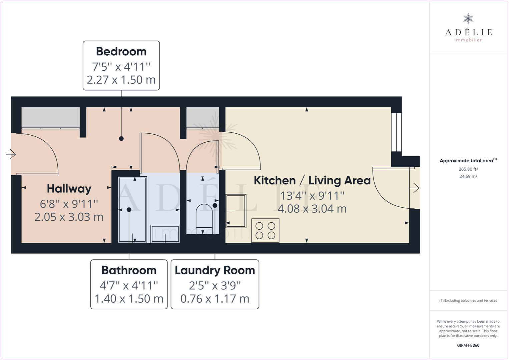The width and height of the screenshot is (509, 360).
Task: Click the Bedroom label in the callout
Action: [x=121, y=51]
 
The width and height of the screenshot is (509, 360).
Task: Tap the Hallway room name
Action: [x=69, y=189]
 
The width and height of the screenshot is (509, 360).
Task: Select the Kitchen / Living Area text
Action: [x=312, y=181]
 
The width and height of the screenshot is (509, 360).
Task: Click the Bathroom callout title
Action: [x=129, y=270]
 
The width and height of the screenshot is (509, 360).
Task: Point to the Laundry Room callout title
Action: [x=215, y=271]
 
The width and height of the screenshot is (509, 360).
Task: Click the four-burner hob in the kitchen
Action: [x=265, y=231]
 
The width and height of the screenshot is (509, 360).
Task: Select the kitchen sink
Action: [x=236, y=211]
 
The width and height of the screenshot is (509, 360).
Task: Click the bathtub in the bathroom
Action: [x=132, y=210]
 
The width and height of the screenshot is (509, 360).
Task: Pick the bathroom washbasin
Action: [x=165, y=234]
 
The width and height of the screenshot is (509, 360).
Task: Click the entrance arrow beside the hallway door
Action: [x=11, y=154]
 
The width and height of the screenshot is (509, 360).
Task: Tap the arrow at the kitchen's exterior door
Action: [x=415, y=188]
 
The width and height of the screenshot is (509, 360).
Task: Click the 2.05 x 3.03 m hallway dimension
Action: [x=69, y=217]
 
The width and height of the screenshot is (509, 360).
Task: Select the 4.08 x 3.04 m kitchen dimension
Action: [x=312, y=209]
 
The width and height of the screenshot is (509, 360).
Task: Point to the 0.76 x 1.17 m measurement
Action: [x=215, y=299]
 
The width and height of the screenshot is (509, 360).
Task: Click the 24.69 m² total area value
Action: [x=468, y=176]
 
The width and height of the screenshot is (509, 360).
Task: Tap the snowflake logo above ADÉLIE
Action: [x=468, y=19]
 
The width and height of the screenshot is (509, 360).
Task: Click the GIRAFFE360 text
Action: [x=468, y=345]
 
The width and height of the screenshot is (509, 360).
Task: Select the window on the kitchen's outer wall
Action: [x=397, y=132]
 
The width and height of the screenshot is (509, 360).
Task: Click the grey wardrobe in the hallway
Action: [x=50, y=118]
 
